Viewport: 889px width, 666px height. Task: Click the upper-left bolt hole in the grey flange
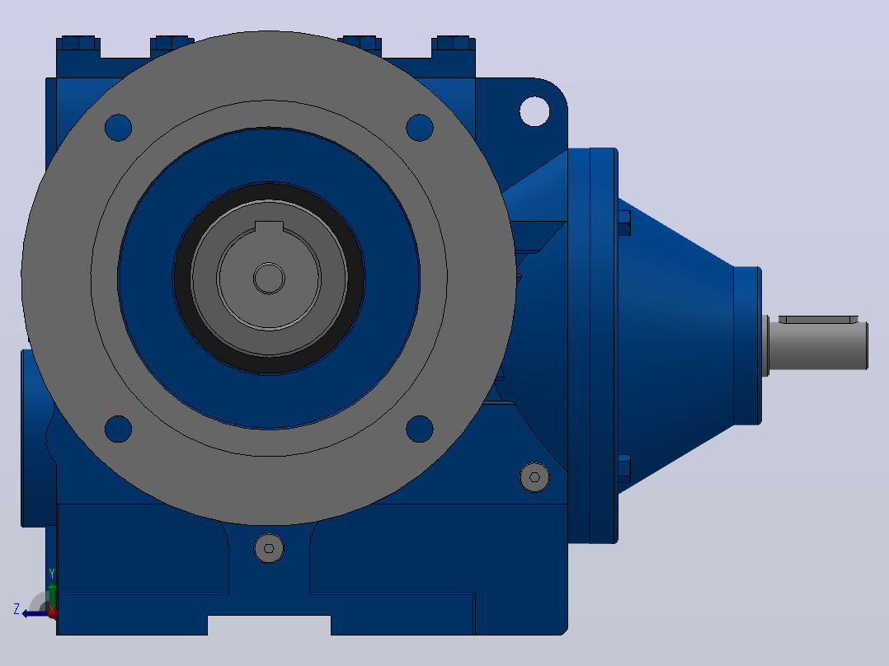click(x=119, y=128)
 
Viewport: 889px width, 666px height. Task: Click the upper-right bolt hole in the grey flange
click(x=420, y=128)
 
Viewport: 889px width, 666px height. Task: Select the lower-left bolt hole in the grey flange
click(x=119, y=429)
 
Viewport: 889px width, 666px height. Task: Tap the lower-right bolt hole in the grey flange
click(x=420, y=429)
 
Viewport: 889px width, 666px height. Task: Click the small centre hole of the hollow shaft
click(x=269, y=279)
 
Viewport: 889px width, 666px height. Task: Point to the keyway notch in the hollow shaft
click(x=269, y=227)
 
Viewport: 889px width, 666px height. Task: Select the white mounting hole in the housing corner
click(x=534, y=111)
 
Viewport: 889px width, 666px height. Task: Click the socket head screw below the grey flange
click(x=269, y=548)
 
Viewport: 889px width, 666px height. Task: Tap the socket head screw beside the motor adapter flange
click(x=534, y=477)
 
